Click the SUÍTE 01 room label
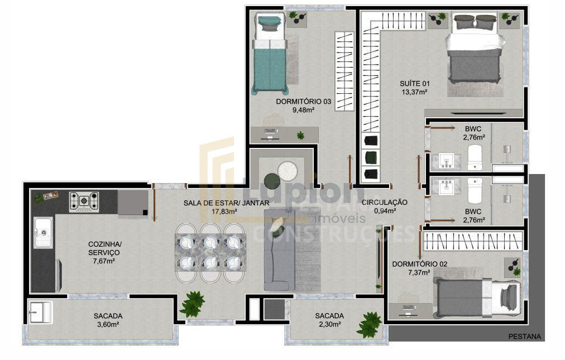point(414,84)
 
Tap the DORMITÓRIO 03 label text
point(304,102)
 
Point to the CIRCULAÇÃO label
point(384,202)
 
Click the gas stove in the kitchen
point(84,201)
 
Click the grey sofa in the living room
point(279,248)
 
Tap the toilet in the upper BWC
point(475,157)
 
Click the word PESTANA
point(525,337)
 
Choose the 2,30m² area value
point(329,325)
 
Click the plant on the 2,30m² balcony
point(370,324)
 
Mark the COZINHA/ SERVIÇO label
point(104,248)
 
